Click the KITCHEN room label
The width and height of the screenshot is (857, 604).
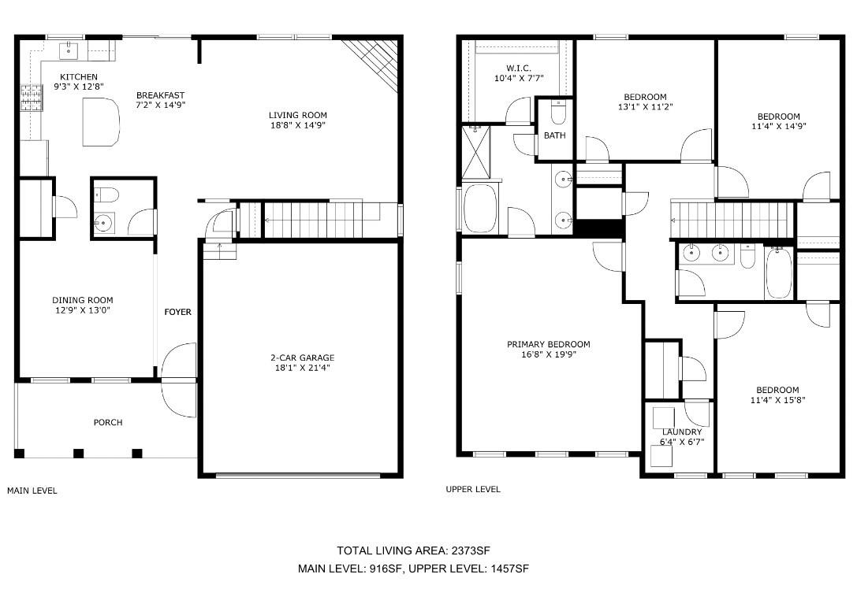79,77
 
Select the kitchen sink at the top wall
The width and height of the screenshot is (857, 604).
69,50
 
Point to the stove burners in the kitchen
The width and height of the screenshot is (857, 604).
32,98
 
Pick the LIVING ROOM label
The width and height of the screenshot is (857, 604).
298,115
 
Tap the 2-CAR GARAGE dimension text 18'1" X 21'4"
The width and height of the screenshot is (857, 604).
302,368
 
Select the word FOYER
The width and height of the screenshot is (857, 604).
178,312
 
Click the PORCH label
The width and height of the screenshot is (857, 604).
108,422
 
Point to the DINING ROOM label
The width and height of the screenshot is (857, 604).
83,300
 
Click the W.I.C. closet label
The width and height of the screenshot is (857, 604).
519,69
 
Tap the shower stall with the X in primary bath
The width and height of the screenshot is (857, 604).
476,152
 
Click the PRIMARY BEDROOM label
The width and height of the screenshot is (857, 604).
548,344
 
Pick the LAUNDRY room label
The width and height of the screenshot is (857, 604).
681,432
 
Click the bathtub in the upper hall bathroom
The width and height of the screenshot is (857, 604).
779,272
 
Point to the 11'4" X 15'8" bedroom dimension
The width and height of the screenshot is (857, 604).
777,400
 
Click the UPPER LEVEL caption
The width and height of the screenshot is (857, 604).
473,489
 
